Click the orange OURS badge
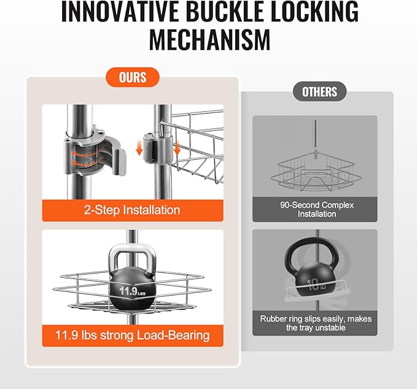click(x=133, y=77)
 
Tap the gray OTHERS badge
click(x=320, y=92)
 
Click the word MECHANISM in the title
click(x=209, y=39)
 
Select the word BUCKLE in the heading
click(x=224, y=11)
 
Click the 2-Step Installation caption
click(x=132, y=210)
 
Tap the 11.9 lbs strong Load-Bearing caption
click(x=133, y=336)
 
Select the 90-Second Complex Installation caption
click(x=317, y=210)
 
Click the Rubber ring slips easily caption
click(x=316, y=323)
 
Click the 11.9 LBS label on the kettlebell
click(x=133, y=291)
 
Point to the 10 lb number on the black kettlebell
click(x=316, y=285)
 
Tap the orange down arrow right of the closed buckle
click(x=177, y=149)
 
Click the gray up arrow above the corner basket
click(x=316, y=154)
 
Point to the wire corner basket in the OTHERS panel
click(x=316, y=173)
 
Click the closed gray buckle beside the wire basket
click(x=157, y=149)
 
